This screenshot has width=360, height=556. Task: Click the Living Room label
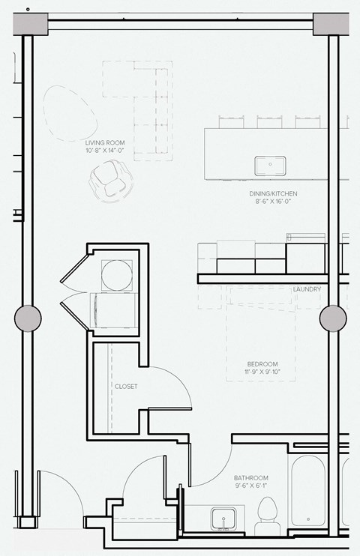tap(104, 142)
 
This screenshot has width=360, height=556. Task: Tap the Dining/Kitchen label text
tap(269, 193)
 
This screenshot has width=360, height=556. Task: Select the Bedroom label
tap(260, 363)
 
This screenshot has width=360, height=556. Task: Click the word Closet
tap(125, 387)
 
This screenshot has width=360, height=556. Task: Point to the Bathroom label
tap(250, 477)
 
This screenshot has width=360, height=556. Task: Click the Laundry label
tap(307, 289)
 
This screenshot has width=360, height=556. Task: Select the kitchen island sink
tap(268, 166)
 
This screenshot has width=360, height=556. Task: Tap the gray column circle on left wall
tap(29, 318)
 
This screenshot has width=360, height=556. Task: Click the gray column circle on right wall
tap(333, 318)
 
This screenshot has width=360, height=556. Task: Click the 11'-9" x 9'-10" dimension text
tap(260, 372)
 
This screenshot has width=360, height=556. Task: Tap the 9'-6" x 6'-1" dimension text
tap(250, 486)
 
